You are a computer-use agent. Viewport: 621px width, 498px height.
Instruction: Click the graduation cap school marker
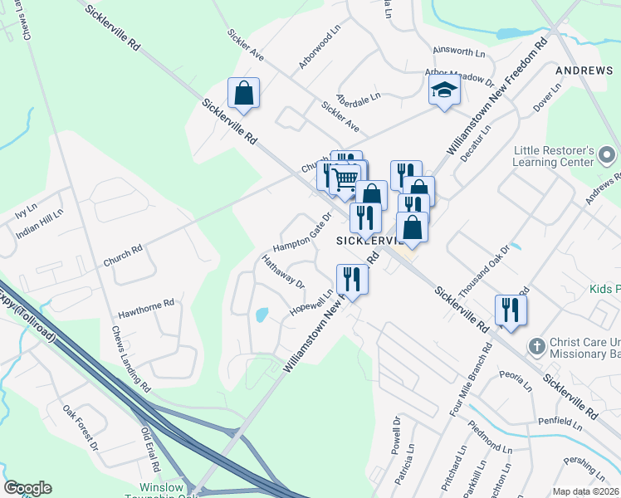pos(444,90)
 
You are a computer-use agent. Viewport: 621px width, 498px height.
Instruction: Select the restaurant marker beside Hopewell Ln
pos(351,281)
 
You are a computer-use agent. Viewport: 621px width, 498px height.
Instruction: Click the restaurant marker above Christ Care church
pos(511,310)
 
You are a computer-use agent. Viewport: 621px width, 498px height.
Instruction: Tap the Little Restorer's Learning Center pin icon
pos(608,155)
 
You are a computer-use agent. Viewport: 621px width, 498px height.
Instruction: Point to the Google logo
pos(27,488)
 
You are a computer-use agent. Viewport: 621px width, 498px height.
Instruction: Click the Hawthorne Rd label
pos(146,309)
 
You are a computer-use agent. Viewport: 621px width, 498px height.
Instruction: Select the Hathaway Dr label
pos(283,271)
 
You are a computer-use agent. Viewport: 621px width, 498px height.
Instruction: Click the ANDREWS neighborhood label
pos(584,71)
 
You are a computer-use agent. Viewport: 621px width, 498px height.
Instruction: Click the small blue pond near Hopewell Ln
pos(262,315)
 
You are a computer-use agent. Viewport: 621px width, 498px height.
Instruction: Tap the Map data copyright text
pos(585,491)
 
